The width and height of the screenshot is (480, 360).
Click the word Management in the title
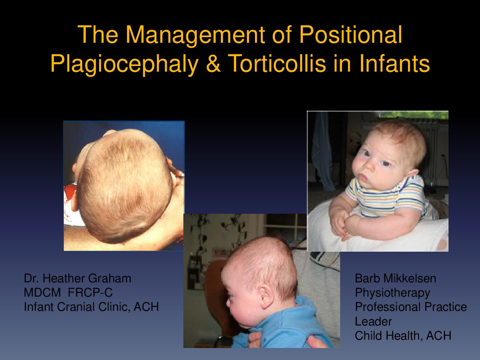click(x=195, y=35)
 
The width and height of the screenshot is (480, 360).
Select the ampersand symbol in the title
click(x=213, y=63)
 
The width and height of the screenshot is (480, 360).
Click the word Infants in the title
click(x=394, y=63)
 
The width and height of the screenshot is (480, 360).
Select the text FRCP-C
click(x=90, y=292)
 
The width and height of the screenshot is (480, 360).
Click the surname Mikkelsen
click(x=409, y=279)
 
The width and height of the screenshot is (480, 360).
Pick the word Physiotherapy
click(x=393, y=293)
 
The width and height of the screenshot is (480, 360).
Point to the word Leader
click(x=373, y=321)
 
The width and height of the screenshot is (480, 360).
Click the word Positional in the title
click(x=351, y=35)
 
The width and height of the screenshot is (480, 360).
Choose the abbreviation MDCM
click(x=42, y=292)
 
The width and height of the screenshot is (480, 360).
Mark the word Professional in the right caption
click(x=386, y=307)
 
